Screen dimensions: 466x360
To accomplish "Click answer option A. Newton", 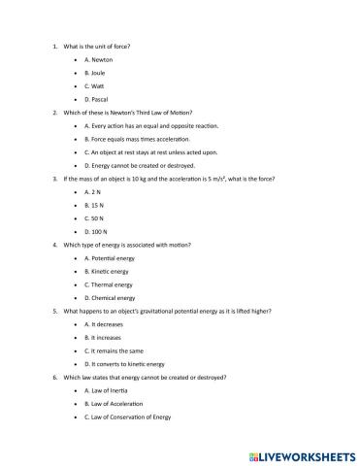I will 101,59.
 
